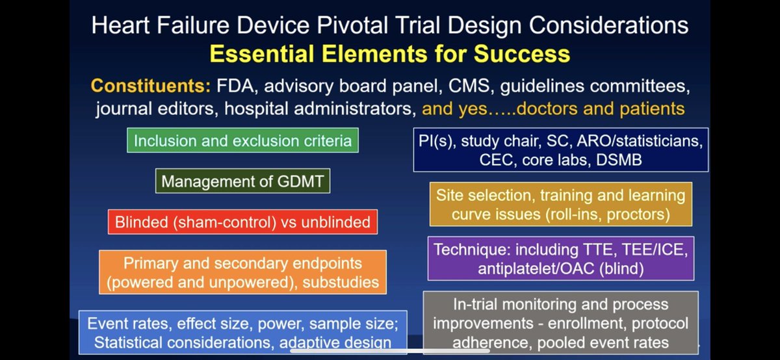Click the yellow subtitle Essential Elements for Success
pyautogui.click(x=389, y=54)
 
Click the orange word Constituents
pyautogui.click(x=151, y=86)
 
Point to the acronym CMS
pyautogui.click(x=469, y=86)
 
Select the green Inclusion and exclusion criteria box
pyautogui.click(x=242, y=140)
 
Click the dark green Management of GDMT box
pyautogui.click(x=242, y=181)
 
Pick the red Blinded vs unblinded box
pyautogui.click(x=242, y=222)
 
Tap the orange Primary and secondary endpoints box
pyautogui.click(x=242, y=272)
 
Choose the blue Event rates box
pyautogui.click(x=242, y=333)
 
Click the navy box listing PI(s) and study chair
pyautogui.click(x=560, y=149)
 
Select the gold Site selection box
pyautogui.click(x=560, y=205)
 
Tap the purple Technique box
pyautogui.click(x=560, y=259)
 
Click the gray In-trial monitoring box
pyautogui.click(x=560, y=323)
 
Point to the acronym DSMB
pyautogui.click(x=619, y=160)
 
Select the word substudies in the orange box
pyautogui.click(x=341, y=283)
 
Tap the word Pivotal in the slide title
pyautogui.click(x=352, y=25)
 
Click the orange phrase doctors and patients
pyautogui.click(x=601, y=109)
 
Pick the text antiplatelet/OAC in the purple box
pyautogui.click(x=536, y=269)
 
